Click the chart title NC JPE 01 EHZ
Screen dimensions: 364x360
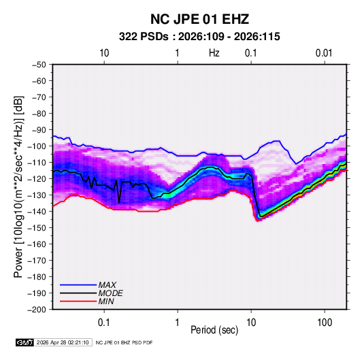click(199, 19)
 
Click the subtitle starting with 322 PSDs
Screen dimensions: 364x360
click(199, 37)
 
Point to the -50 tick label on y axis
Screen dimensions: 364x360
click(39, 65)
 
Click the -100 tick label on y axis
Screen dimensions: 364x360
click(37, 146)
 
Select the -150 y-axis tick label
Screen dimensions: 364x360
click(37, 228)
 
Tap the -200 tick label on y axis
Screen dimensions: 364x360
click(37, 310)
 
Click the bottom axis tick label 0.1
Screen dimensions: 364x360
click(104, 323)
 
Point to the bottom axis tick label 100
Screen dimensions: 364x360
click(325, 323)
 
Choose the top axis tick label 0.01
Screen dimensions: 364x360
click(324, 53)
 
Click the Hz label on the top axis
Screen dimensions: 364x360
click(214, 53)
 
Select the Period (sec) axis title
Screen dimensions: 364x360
click(214, 330)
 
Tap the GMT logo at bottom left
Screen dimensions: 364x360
click(24, 342)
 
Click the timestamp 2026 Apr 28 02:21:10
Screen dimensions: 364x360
click(63, 342)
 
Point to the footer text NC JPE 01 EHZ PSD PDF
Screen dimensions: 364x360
click(125, 342)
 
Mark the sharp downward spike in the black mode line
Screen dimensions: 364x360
click(119, 203)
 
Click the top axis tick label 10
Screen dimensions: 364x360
click(104, 53)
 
